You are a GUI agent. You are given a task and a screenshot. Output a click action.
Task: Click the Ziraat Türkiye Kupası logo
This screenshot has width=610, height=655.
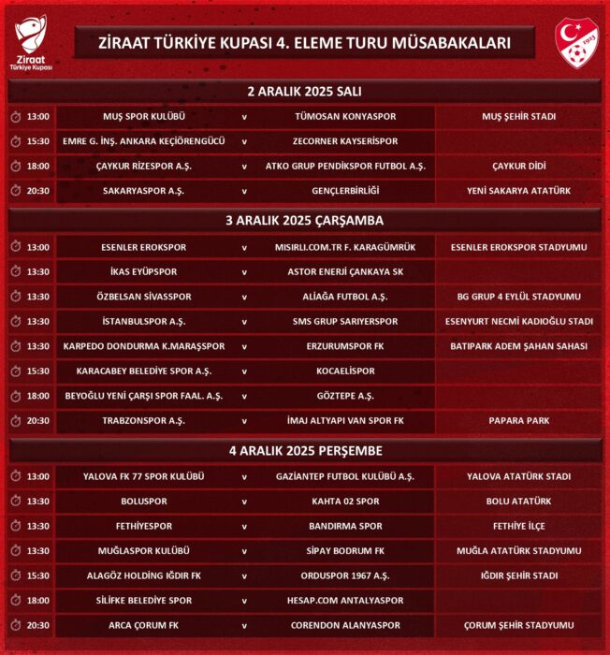pyautogui.click(x=33, y=44)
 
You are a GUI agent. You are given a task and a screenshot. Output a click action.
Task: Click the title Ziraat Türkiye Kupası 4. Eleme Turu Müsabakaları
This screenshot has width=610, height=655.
pyautogui.click(x=305, y=42)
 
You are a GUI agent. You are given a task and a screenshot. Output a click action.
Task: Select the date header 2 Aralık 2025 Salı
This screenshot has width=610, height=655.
pyautogui.click(x=305, y=92)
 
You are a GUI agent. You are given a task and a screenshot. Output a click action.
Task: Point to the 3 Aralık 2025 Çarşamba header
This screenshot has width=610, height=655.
pyautogui.click(x=305, y=221)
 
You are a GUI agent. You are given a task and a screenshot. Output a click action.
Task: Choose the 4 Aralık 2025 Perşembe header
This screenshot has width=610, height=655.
pyautogui.click(x=305, y=451)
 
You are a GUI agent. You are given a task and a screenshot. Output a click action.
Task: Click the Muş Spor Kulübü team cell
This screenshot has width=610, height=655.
pyautogui.click(x=144, y=117)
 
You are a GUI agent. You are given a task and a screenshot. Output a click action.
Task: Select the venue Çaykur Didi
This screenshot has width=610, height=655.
pyautogui.click(x=518, y=166)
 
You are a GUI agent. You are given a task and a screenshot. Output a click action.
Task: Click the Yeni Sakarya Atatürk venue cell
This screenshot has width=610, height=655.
pyautogui.click(x=518, y=190)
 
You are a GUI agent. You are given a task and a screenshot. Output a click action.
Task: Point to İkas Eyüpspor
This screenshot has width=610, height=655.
pyautogui.click(x=144, y=272)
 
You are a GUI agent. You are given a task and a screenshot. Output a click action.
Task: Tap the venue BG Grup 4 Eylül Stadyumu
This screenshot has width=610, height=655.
pyautogui.click(x=518, y=297)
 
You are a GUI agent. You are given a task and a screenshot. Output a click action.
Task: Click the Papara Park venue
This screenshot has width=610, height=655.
pyautogui.click(x=518, y=421)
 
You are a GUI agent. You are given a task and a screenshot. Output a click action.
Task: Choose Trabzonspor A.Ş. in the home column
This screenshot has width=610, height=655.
pyautogui.click(x=144, y=421)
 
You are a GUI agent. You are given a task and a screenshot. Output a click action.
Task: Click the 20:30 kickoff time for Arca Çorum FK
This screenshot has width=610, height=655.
pyautogui.click(x=38, y=625)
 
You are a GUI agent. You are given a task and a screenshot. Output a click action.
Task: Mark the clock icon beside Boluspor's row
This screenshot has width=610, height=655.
pyautogui.click(x=16, y=502)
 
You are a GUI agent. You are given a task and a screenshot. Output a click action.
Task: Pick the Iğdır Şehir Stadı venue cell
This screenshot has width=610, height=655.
pyautogui.click(x=518, y=575)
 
